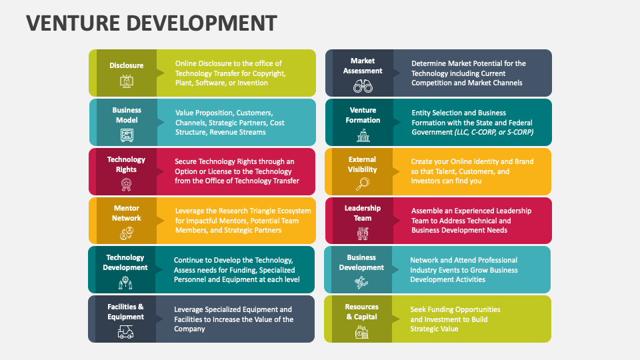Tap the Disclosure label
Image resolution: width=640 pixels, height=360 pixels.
127,65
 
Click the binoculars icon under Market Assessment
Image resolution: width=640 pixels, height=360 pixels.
363,86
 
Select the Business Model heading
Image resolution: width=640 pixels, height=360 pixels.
127,115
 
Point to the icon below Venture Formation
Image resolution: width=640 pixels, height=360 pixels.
363,135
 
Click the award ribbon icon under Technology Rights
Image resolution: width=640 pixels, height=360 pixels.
127,185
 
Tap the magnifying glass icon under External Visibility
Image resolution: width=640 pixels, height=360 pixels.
363,184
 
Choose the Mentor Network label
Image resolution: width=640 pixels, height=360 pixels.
127,213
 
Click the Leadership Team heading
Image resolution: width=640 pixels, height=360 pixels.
363,213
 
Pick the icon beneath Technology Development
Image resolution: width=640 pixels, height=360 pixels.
125,283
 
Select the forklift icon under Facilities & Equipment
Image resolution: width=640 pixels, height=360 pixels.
125,332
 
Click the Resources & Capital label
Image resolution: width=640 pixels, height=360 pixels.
362,311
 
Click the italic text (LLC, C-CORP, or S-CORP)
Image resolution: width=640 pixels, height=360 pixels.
494,132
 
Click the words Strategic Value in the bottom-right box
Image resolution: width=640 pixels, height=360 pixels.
434,329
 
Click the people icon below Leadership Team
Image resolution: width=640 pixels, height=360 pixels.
363,233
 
